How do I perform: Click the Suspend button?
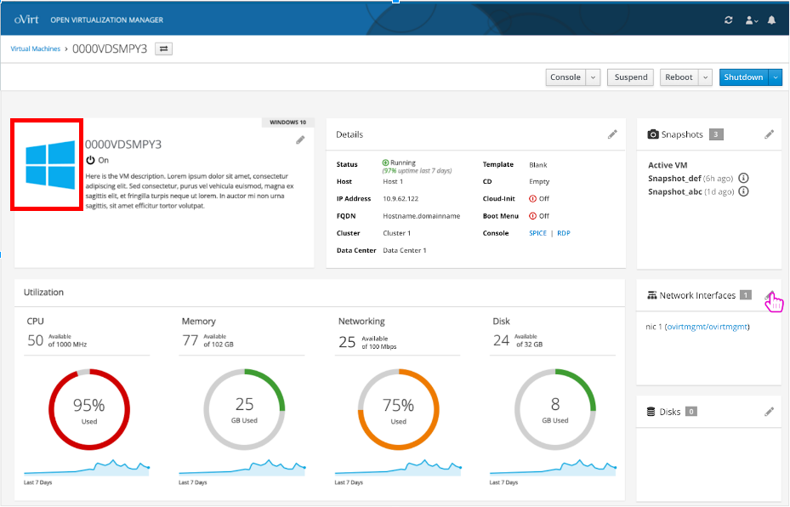coord(631,77)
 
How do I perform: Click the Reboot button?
coord(679,77)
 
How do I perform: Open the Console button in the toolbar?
coord(566,77)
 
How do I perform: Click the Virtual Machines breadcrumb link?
coord(36,49)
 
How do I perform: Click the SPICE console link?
coord(537,233)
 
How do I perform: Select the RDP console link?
coord(564,233)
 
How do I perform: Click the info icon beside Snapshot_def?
coord(743,178)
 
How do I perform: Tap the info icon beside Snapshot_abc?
coord(743,191)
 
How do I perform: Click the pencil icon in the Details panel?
coord(612,134)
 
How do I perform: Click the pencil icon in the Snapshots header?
coord(769,134)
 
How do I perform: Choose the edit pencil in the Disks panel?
coord(769,412)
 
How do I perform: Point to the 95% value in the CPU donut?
coord(89,405)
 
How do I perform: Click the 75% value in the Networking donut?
coord(399,405)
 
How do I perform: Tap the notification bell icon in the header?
coord(771,20)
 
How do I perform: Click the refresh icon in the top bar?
coord(728,20)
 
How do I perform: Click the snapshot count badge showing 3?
coord(716,134)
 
